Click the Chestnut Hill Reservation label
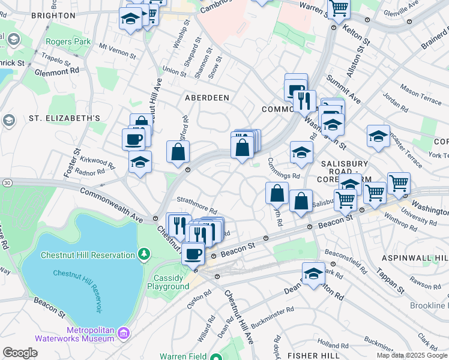[88, 255]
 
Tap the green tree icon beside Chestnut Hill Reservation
[144, 255]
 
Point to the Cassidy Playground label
[172, 282]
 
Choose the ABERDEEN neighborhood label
[207, 97]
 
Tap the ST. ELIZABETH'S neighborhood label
[64, 118]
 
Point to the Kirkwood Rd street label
[95, 163]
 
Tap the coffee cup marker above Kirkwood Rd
[133, 139]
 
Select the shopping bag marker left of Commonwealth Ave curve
[178, 152]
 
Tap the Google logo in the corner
[20, 353]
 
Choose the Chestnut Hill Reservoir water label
[76, 284]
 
